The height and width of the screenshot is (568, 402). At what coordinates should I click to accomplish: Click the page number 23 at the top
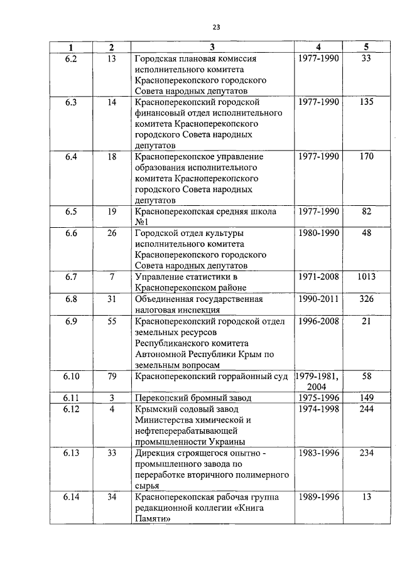216,27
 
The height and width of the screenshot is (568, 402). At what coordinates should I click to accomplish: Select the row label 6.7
71,277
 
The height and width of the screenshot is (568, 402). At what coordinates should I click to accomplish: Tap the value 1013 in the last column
367,277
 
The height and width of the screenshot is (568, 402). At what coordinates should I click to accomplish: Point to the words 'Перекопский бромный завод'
193,398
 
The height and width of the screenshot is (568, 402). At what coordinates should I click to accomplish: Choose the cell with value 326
367,299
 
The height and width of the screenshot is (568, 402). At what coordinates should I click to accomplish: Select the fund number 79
111,376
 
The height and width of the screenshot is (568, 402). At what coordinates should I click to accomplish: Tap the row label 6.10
71,376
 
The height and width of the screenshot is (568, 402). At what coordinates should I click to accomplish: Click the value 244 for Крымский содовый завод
367,409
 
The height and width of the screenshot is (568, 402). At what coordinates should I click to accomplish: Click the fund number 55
111,321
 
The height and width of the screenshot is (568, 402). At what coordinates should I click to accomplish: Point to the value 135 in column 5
367,102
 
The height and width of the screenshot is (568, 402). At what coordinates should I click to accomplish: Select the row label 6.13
71,453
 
